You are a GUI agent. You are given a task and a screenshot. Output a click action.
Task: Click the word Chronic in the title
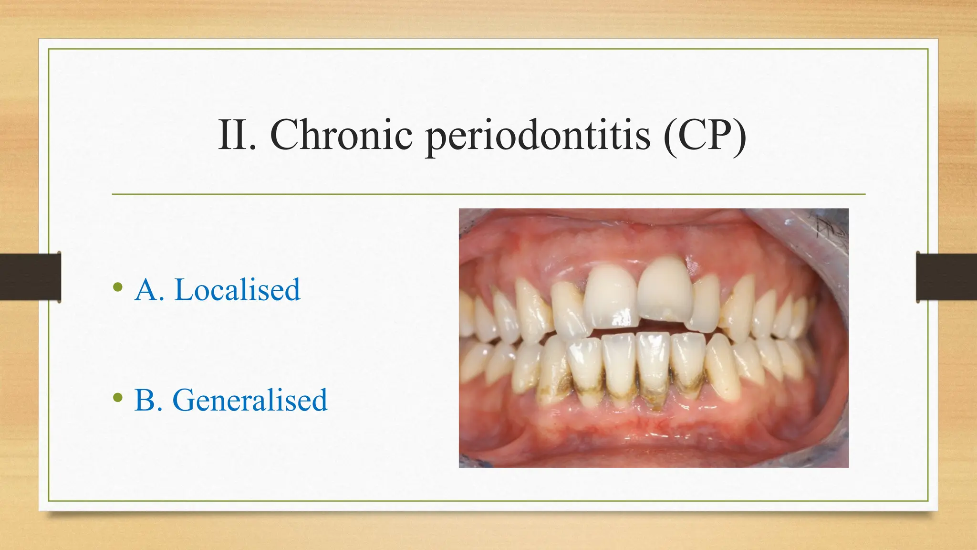pyautogui.click(x=341, y=135)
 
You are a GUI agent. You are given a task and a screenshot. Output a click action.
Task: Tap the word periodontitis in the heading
pyautogui.click(x=538, y=136)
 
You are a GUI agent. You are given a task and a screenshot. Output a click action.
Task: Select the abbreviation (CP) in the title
pyautogui.click(x=705, y=135)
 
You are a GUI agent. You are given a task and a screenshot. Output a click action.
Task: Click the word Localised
pyautogui.click(x=237, y=290)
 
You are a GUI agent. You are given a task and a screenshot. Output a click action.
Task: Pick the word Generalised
pyautogui.click(x=249, y=400)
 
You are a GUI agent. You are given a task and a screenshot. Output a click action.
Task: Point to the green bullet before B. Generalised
pyautogui.click(x=118, y=398)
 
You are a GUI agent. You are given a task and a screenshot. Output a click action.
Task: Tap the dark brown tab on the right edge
pyautogui.click(x=946, y=277)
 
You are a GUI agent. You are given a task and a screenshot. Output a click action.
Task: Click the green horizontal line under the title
pyautogui.click(x=488, y=194)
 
